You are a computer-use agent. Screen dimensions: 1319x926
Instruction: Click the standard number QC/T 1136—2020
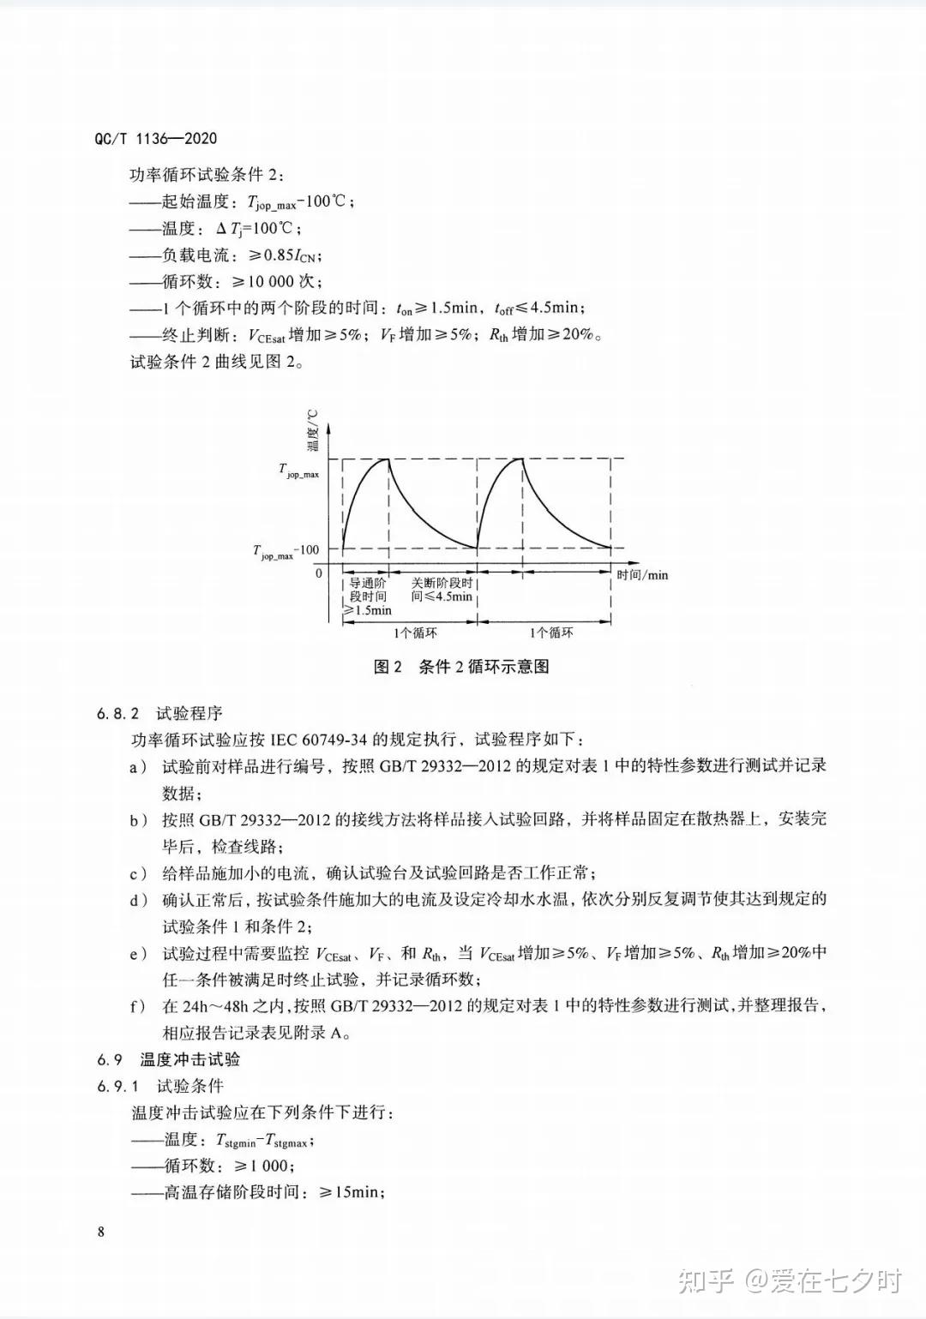click(x=154, y=139)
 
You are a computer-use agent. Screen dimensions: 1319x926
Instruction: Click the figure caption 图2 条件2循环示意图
click(x=461, y=667)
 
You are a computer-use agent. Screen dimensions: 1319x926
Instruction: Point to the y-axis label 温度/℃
click(x=311, y=429)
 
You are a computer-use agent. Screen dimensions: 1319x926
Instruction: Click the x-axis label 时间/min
click(x=642, y=574)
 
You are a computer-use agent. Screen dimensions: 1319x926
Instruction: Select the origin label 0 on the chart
click(x=319, y=573)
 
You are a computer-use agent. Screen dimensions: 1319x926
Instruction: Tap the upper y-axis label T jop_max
click(x=298, y=470)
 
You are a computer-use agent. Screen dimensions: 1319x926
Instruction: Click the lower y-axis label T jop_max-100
click(x=286, y=551)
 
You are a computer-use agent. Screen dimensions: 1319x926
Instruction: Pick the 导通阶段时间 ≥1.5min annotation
click(x=367, y=596)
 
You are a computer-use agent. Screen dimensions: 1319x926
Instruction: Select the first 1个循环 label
click(x=415, y=633)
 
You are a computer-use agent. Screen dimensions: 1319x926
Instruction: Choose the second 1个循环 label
click(x=550, y=633)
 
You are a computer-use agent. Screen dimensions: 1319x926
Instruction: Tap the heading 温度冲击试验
click(x=190, y=1059)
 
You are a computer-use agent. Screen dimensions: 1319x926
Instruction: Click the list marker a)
click(x=138, y=766)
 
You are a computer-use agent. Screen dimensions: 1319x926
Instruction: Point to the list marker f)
click(x=137, y=1005)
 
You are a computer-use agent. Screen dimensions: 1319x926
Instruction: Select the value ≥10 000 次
click(x=276, y=281)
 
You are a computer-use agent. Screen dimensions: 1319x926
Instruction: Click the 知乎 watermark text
click(x=705, y=1280)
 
